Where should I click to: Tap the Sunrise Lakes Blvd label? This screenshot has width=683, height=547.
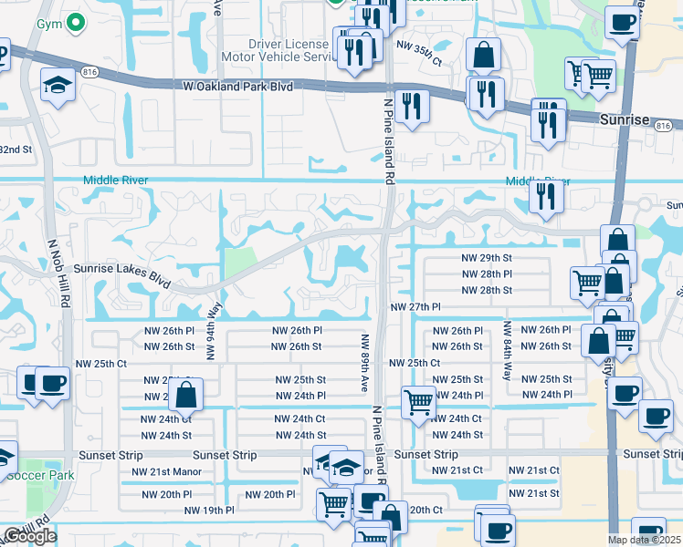tap(122, 271)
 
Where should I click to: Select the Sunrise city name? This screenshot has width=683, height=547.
tap(624, 119)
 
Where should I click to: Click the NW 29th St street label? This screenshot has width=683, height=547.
tap(487, 259)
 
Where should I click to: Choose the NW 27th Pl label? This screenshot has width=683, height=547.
tap(415, 308)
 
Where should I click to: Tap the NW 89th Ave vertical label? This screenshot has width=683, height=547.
tap(363, 363)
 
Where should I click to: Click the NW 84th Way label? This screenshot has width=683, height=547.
tap(506, 350)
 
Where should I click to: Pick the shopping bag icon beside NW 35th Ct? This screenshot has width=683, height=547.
tap(483, 56)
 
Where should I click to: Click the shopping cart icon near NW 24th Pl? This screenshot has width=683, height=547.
tap(418, 400)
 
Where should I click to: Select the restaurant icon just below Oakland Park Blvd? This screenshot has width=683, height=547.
tap(413, 107)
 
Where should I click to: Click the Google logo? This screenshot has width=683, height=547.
tap(29, 536)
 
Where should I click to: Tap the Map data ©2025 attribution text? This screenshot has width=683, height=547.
tap(643, 540)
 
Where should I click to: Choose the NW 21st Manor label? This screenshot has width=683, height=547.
tap(166, 471)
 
